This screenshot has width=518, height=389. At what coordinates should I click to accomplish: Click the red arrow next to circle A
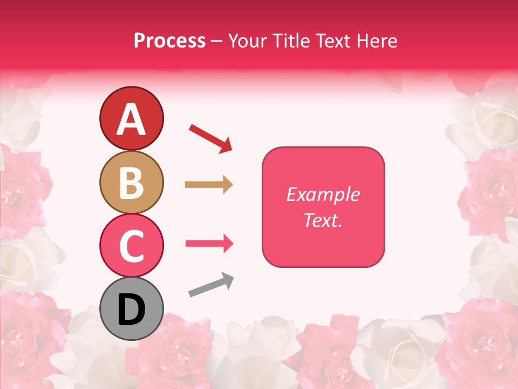pos(210,138)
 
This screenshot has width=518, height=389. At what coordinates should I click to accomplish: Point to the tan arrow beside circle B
pos(209,185)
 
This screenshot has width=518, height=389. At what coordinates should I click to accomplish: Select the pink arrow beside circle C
pos(209,244)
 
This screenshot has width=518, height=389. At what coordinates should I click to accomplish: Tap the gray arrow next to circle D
pos(211,285)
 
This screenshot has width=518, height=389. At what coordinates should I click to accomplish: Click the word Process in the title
pos(169,41)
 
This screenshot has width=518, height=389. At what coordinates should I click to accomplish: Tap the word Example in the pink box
pos(323,194)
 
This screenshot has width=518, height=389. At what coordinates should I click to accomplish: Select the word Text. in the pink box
pos(323,220)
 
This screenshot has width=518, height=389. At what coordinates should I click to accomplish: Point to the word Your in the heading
pos(246,41)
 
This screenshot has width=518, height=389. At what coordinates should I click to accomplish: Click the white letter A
pos(131,119)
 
